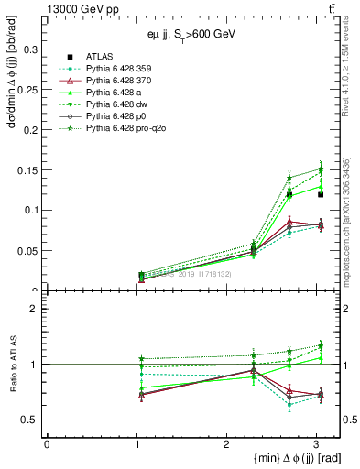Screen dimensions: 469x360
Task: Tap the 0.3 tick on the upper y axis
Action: (30, 47)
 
